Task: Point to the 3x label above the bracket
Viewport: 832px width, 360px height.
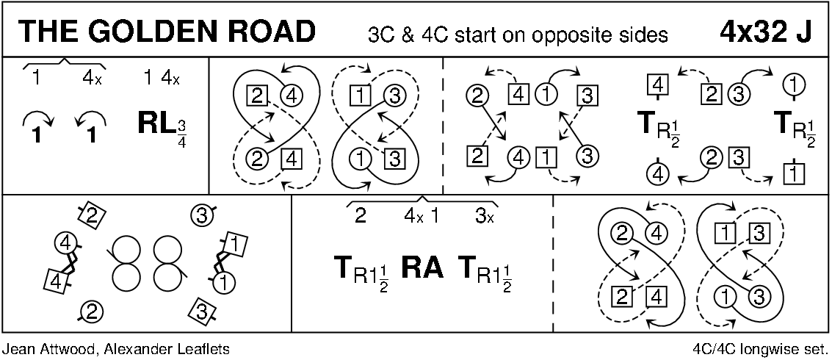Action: point(483,217)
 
